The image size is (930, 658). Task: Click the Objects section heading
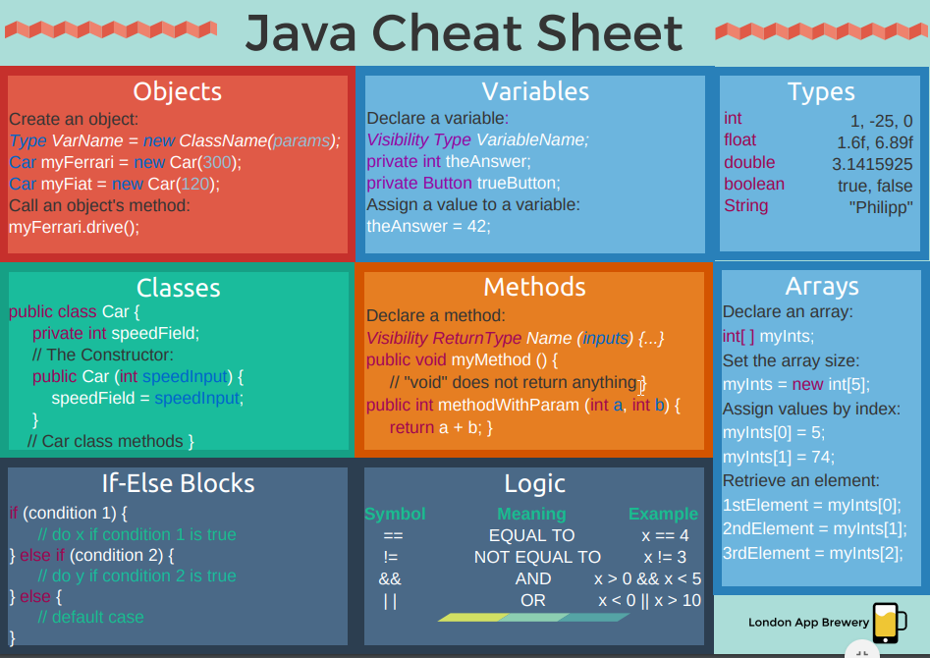pyautogui.click(x=178, y=92)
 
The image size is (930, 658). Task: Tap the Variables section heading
pyautogui.click(x=535, y=92)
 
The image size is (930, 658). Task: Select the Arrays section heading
pyautogui.click(x=822, y=287)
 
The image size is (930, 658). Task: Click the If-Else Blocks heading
pyautogui.click(x=178, y=483)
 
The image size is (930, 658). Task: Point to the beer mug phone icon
pyautogui.click(x=886, y=622)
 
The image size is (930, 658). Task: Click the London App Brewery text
pyautogui.click(x=808, y=622)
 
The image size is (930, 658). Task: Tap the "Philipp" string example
pyautogui.click(x=881, y=207)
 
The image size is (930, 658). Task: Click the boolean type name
pyautogui.click(x=754, y=185)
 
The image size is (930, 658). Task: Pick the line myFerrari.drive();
pyautogui.click(x=75, y=227)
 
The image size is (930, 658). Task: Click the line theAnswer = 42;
pyautogui.click(x=428, y=226)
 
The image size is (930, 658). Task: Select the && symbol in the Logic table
pyautogui.click(x=390, y=578)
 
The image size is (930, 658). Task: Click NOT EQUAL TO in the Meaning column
pyautogui.click(x=537, y=557)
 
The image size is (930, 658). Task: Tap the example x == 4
pyautogui.click(x=665, y=535)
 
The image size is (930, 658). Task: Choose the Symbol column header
pyautogui.click(x=395, y=514)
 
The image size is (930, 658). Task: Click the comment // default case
pyautogui.click(x=90, y=617)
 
